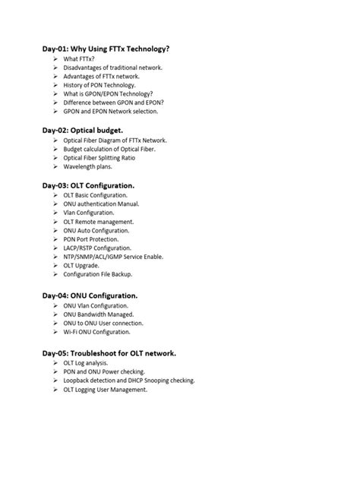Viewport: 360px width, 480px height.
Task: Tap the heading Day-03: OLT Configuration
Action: [88, 185]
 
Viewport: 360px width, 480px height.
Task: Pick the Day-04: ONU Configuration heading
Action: [90, 295]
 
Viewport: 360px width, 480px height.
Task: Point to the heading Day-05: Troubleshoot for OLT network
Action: [109, 353]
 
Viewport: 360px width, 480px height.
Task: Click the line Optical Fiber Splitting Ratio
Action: [105, 158]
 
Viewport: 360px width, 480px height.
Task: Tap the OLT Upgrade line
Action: [82, 266]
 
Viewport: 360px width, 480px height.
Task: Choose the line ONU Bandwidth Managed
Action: [99, 314]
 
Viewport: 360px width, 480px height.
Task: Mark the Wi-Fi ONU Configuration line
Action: [97, 332]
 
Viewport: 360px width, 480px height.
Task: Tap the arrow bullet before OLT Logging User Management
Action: [56, 390]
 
